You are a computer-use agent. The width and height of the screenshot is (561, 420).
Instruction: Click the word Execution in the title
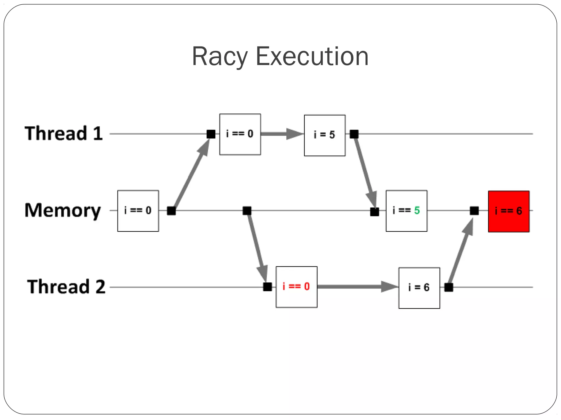(x=312, y=57)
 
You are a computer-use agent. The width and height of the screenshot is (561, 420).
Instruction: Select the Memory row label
(x=63, y=210)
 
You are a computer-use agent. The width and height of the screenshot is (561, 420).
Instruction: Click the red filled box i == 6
(x=509, y=211)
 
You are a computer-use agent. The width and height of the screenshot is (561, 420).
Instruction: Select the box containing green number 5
(x=407, y=211)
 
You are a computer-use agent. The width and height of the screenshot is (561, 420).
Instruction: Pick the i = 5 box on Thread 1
(x=325, y=135)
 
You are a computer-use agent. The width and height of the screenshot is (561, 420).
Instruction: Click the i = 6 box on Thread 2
(x=419, y=288)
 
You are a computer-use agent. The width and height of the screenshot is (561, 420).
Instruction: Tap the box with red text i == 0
(x=296, y=287)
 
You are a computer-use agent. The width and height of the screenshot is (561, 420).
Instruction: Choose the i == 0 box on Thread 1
(x=240, y=134)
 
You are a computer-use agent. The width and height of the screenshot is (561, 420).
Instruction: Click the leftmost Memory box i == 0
(x=138, y=211)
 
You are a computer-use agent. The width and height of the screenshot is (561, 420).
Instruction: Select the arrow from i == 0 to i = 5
(x=282, y=134)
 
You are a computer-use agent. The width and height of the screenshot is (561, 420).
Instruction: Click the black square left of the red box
(x=474, y=211)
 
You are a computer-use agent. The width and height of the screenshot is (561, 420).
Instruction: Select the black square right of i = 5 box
(x=354, y=134)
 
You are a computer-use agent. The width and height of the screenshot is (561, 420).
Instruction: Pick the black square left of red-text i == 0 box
(x=267, y=287)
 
